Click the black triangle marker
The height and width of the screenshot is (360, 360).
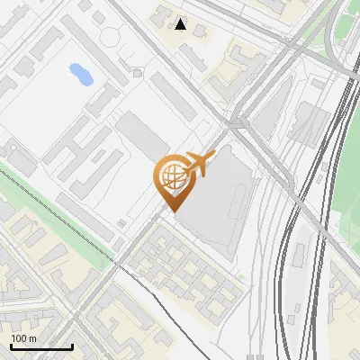tap(182, 24)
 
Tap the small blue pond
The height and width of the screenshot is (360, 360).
tap(80, 74)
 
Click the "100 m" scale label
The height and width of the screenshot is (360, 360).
tap(24, 338)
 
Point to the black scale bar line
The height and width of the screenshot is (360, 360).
tap(41, 347)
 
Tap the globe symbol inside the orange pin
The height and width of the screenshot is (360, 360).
tap(171, 177)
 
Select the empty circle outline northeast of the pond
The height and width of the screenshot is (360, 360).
tap(111, 37)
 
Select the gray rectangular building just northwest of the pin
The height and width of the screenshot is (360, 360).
tap(139, 134)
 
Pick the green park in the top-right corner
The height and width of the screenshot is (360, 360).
tap(346, 27)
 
